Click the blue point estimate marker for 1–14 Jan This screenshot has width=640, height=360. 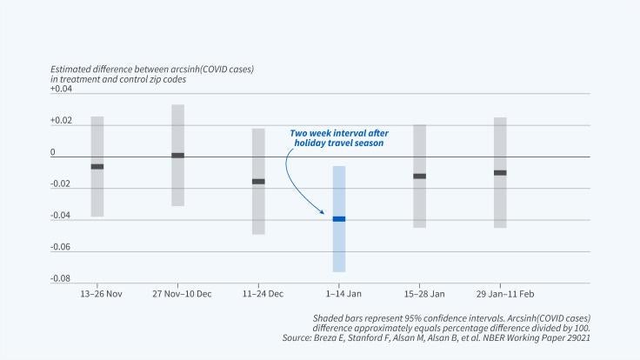[x=338, y=219]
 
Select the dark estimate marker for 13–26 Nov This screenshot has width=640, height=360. [x=97, y=166]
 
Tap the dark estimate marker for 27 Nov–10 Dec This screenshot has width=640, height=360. [x=177, y=156]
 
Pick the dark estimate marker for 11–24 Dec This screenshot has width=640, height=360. [x=258, y=182]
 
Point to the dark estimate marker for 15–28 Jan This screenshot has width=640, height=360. [x=419, y=176]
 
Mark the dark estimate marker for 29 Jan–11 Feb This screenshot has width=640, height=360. [x=500, y=173]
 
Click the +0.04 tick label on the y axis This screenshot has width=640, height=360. [x=62, y=90]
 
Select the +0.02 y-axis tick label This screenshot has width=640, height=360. [x=62, y=121]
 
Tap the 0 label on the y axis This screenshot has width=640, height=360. [x=53, y=152]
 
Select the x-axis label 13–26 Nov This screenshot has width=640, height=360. [x=97, y=294]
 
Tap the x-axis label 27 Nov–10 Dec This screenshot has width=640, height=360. [x=182, y=294]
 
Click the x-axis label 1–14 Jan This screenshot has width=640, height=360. [x=338, y=294]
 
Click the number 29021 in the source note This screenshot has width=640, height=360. [x=573, y=337]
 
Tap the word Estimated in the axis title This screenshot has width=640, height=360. [x=72, y=69]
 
